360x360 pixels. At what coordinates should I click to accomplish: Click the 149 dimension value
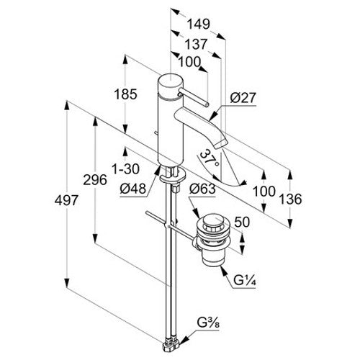pyautogui.click(x=198, y=24)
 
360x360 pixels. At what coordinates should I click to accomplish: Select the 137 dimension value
pyautogui.click(x=196, y=45)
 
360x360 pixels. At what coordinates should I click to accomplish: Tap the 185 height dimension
pyautogui.click(x=125, y=94)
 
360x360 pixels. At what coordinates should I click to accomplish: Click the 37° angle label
pyautogui.click(x=210, y=158)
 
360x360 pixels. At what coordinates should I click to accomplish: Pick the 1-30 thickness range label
pyautogui.click(x=126, y=169)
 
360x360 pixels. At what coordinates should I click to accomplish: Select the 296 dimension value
pyautogui.click(x=95, y=180)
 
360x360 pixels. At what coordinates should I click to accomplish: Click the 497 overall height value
pyautogui.click(x=66, y=200)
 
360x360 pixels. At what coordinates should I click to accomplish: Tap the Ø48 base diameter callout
pyautogui.click(x=133, y=189)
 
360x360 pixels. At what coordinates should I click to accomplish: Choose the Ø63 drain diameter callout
pyautogui.click(x=202, y=189)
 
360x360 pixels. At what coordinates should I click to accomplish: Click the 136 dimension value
pyautogui.click(x=290, y=199)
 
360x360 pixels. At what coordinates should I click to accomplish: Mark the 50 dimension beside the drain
pyautogui.click(x=242, y=222)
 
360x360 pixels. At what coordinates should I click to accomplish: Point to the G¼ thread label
pyautogui.click(x=245, y=280)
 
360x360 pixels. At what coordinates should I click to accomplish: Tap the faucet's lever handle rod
pyautogui.click(x=193, y=96)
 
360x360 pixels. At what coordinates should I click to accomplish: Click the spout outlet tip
pyautogui.click(x=221, y=145)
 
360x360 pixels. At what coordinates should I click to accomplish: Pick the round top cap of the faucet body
pyautogui.click(x=171, y=81)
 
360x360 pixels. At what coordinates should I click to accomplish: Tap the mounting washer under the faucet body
pyautogui.click(x=173, y=175)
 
